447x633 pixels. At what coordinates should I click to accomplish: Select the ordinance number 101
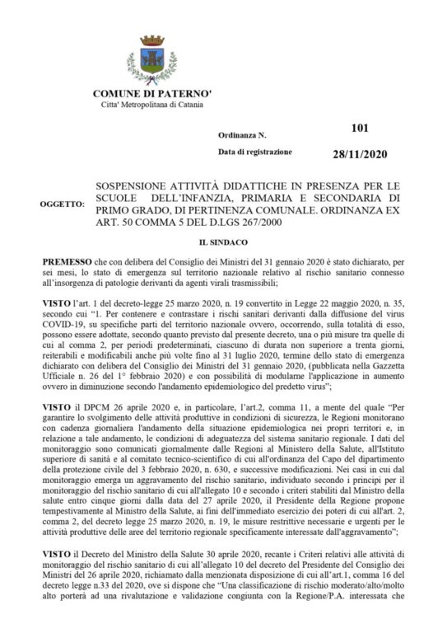(359, 128)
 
